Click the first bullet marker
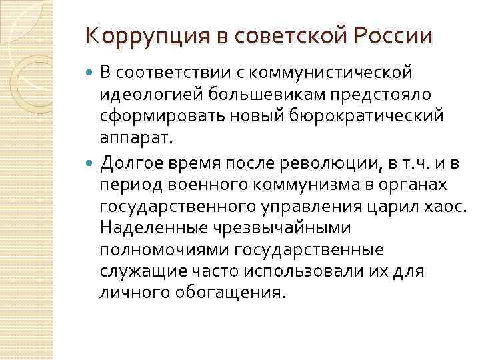(x=91, y=72)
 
